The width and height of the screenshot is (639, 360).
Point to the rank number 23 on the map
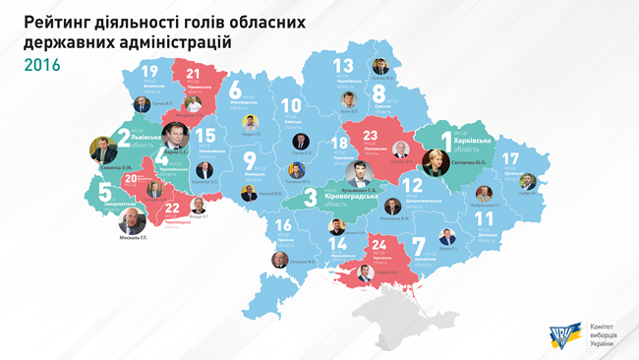(371, 139)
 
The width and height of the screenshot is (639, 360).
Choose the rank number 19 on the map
(149, 72)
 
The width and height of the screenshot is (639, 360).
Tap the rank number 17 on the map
(509, 157)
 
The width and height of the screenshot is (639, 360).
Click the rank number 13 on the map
(342, 66)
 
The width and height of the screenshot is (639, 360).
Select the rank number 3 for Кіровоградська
(311, 196)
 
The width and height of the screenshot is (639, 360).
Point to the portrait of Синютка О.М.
(103, 150)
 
